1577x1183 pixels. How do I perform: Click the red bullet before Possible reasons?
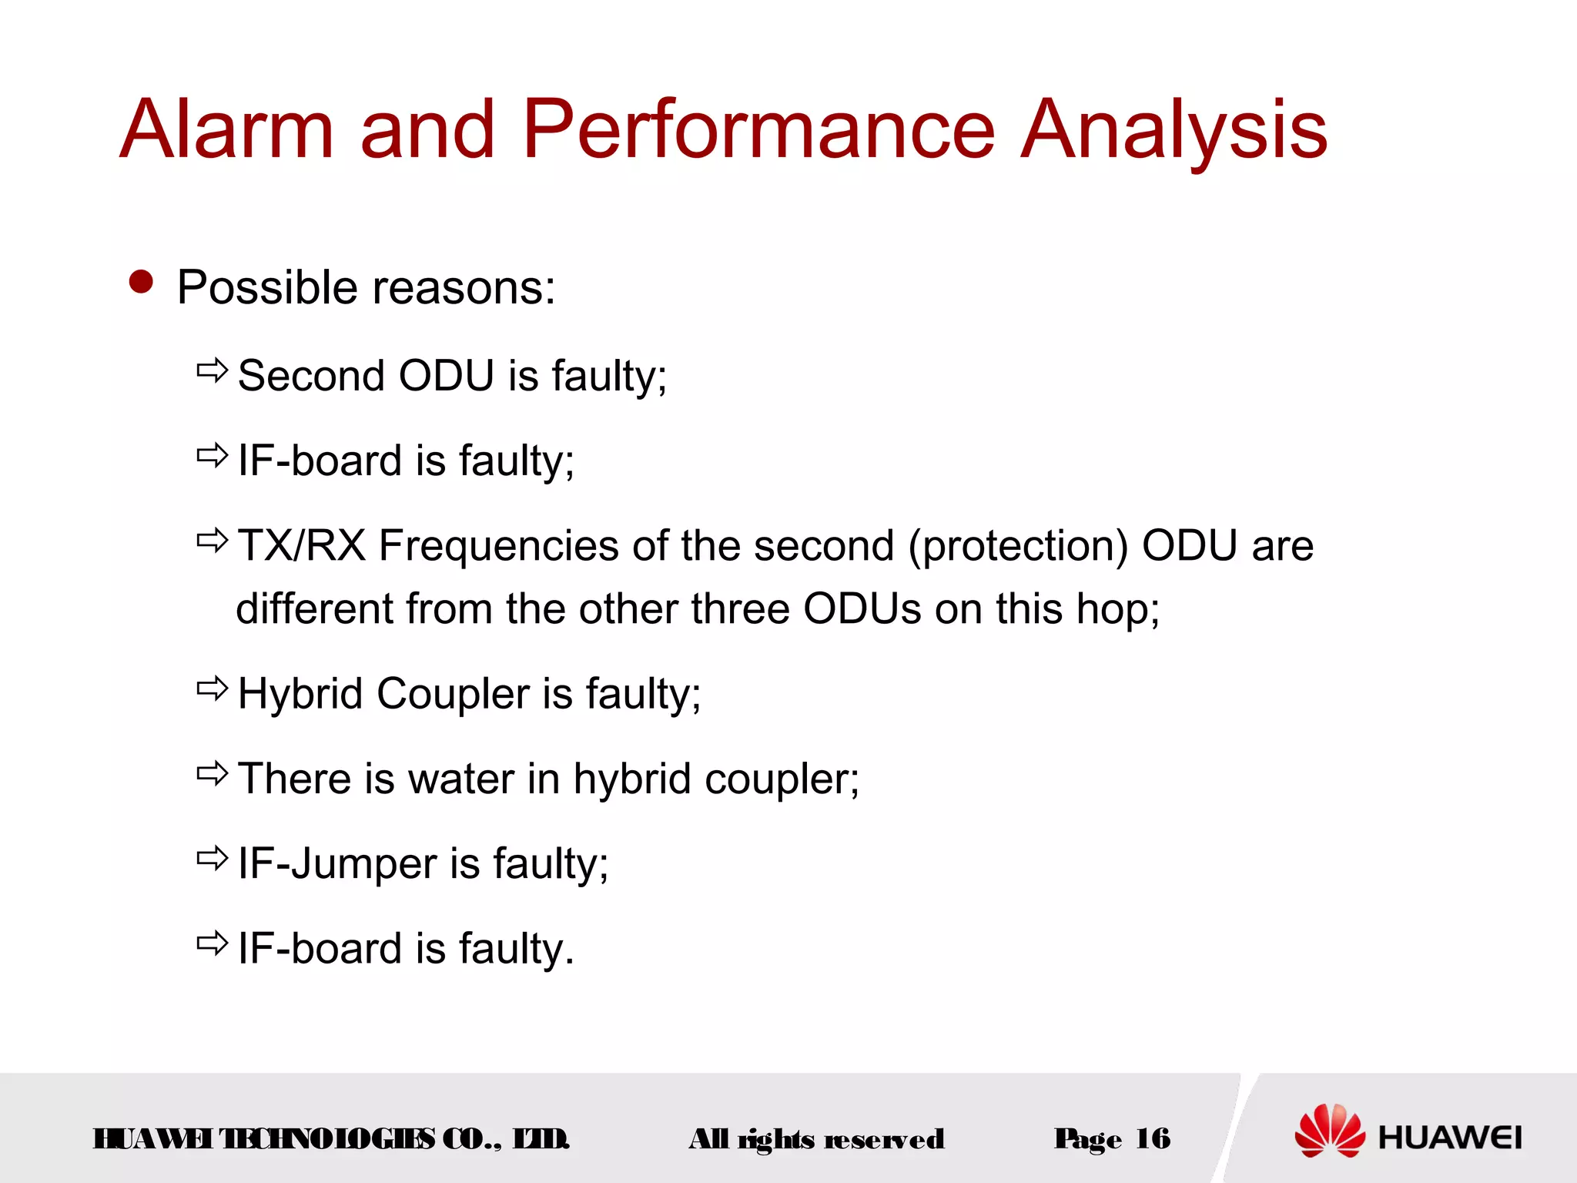[142, 282]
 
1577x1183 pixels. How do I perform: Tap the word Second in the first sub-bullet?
[311, 376]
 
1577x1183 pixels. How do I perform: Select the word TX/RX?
[301, 545]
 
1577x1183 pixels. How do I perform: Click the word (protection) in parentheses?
[1018, 547]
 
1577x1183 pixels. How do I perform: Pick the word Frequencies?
[499, 545]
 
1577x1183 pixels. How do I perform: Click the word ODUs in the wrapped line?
[862, 608]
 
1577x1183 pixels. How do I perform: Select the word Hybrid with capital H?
[300, 693]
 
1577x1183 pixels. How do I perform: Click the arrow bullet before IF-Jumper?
[213, 857]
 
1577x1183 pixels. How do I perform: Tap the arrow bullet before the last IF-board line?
[213, 942]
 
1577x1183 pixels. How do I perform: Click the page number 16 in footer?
[1152, 1138]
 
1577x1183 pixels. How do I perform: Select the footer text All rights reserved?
[816, 1139]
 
